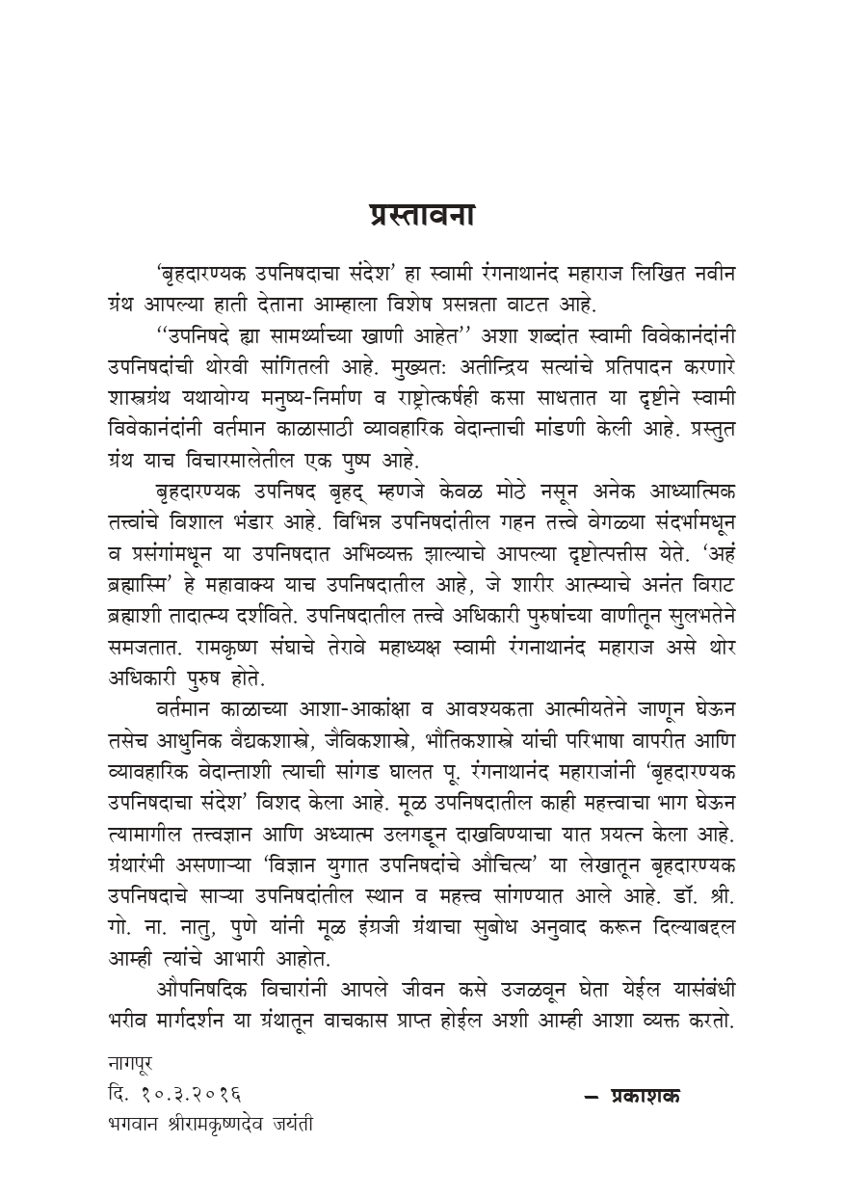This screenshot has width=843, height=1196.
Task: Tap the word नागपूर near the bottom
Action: click(x=131, y=1064)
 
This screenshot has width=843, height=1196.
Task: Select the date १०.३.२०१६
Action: click(x=191, y=1094)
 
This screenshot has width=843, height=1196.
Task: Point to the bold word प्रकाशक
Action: click(x=645, y=1095)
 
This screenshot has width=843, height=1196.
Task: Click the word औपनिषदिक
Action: click(x=202, y=990)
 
